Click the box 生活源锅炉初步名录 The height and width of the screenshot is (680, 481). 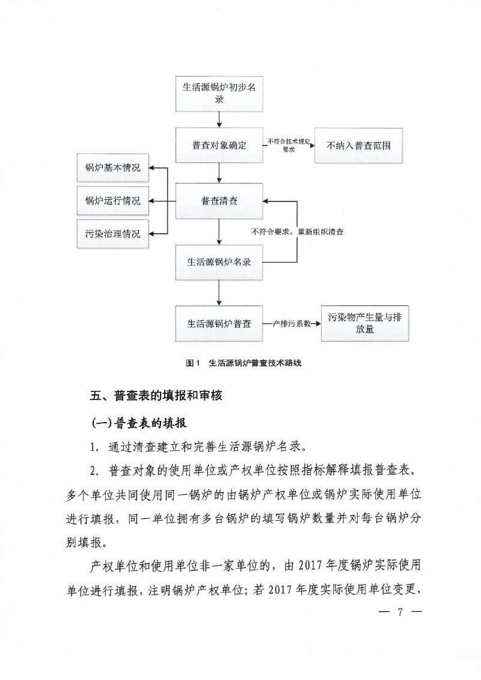(x=219, y=93)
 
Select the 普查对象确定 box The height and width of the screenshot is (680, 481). (x=219, y=145)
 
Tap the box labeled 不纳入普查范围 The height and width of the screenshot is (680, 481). (x=358, y=145)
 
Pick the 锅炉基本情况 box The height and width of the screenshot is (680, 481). (x=112, y=168)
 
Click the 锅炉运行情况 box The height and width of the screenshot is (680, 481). (x=112, y=201)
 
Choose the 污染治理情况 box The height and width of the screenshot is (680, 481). (x=112, y=234)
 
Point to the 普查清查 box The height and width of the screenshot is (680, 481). (x=219, y=201)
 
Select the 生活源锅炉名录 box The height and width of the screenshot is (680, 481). (x=219, y=262)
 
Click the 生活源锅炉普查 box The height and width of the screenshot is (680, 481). (x=219, y=323)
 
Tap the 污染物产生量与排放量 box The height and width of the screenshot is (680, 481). (x=365, y=323)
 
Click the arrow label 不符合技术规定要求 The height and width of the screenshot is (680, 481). (x=289, y=145)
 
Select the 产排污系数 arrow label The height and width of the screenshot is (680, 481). (x=291, y=323)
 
